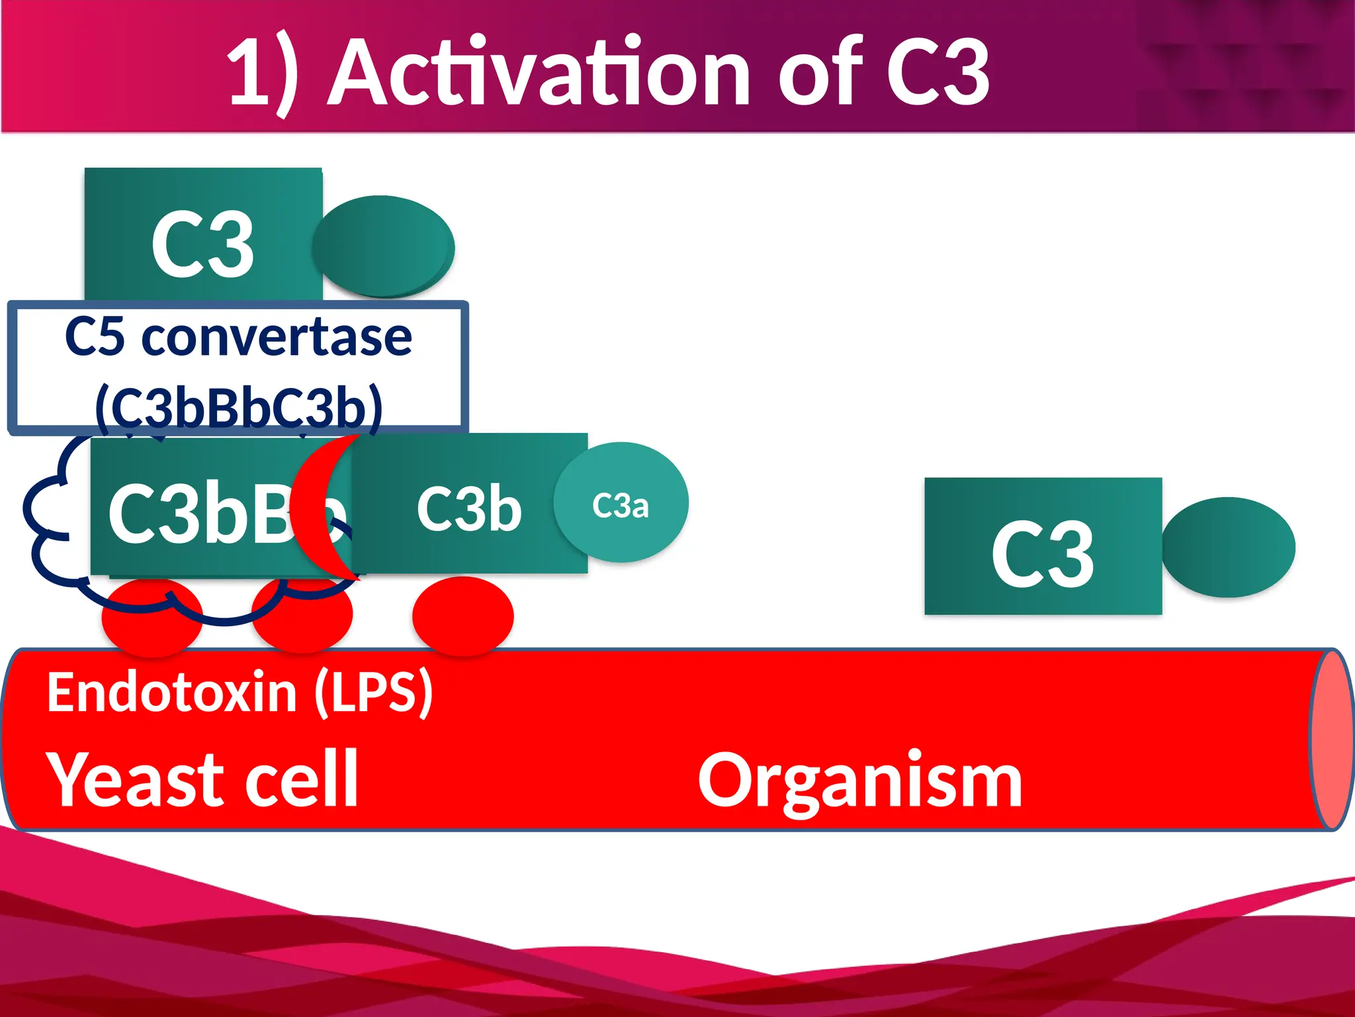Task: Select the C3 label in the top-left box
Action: (202, 245)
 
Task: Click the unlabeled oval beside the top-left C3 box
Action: (383, 246)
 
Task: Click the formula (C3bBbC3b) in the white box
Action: (238, 406)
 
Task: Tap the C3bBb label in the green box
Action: (198, 513)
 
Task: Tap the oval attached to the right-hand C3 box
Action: (1228, 547)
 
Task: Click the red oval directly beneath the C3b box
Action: (462, 616)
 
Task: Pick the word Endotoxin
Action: (171, 692)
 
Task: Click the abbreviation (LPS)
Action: (374, 692)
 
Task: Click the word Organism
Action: (859, 781)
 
